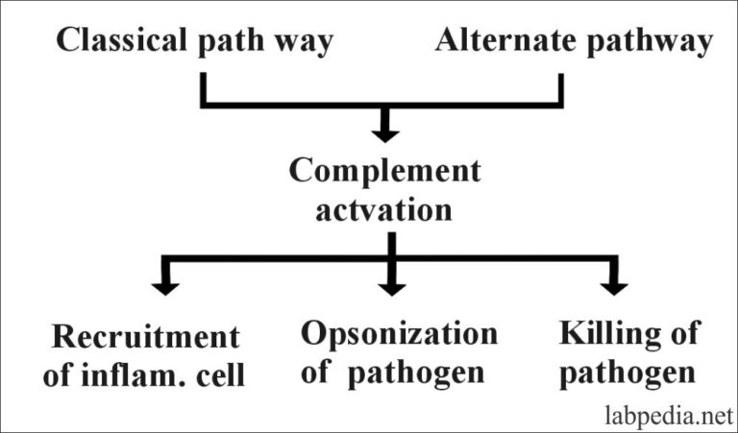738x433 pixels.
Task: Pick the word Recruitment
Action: pyautogui.click(x=145, y=337)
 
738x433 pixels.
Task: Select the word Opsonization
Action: pyautogui.click(x=400, y=335)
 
